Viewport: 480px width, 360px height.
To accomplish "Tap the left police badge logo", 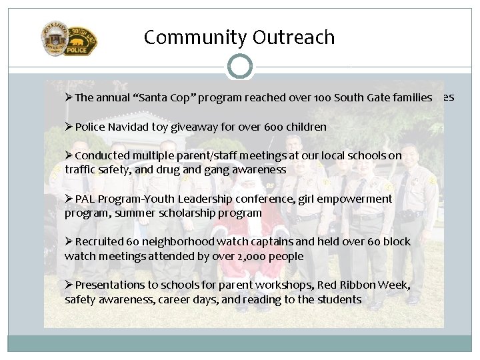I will click(x=54, y=39).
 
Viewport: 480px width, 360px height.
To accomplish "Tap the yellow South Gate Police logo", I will click(x=81, y=41).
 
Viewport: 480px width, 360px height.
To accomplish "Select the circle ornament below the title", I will click(x=239, y=67).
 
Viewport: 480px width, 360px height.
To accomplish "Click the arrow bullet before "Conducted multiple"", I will click(x=69, y=155).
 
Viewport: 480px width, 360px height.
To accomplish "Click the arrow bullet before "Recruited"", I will click(x=69, y=241).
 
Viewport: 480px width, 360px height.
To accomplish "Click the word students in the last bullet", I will click(x=340, y=299).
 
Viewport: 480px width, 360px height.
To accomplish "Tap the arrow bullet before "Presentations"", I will click(x=69, y=285).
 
